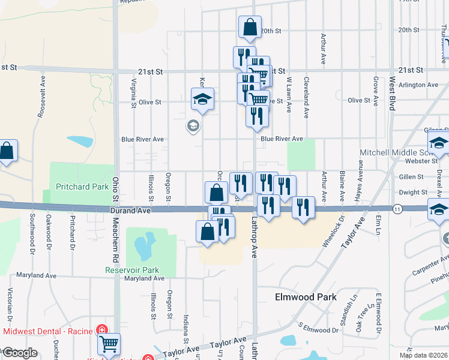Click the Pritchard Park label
82,187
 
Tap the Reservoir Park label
132,270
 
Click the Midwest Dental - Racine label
48,331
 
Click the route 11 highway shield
397,208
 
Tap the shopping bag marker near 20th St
250,28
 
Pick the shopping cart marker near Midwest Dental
109,344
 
